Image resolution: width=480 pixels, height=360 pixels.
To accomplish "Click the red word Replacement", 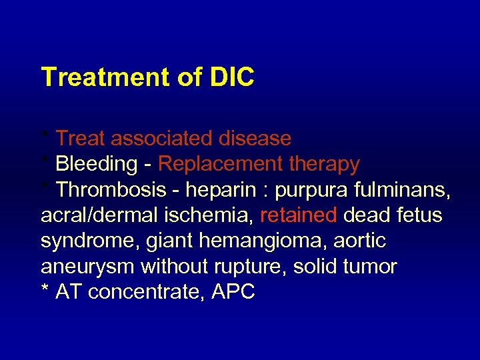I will (x=213, y=164).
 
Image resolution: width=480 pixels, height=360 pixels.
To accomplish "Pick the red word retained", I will (x=299, y=216).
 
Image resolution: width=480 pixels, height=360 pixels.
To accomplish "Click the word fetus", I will (x=420, y=216).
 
